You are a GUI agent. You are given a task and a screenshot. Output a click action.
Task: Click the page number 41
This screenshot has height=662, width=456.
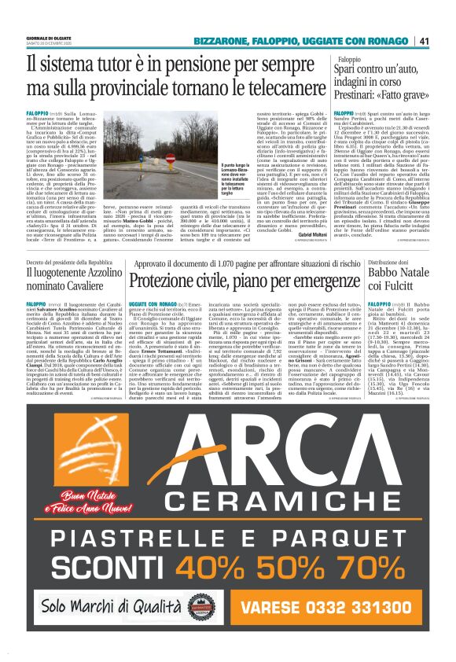click(423, 41)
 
